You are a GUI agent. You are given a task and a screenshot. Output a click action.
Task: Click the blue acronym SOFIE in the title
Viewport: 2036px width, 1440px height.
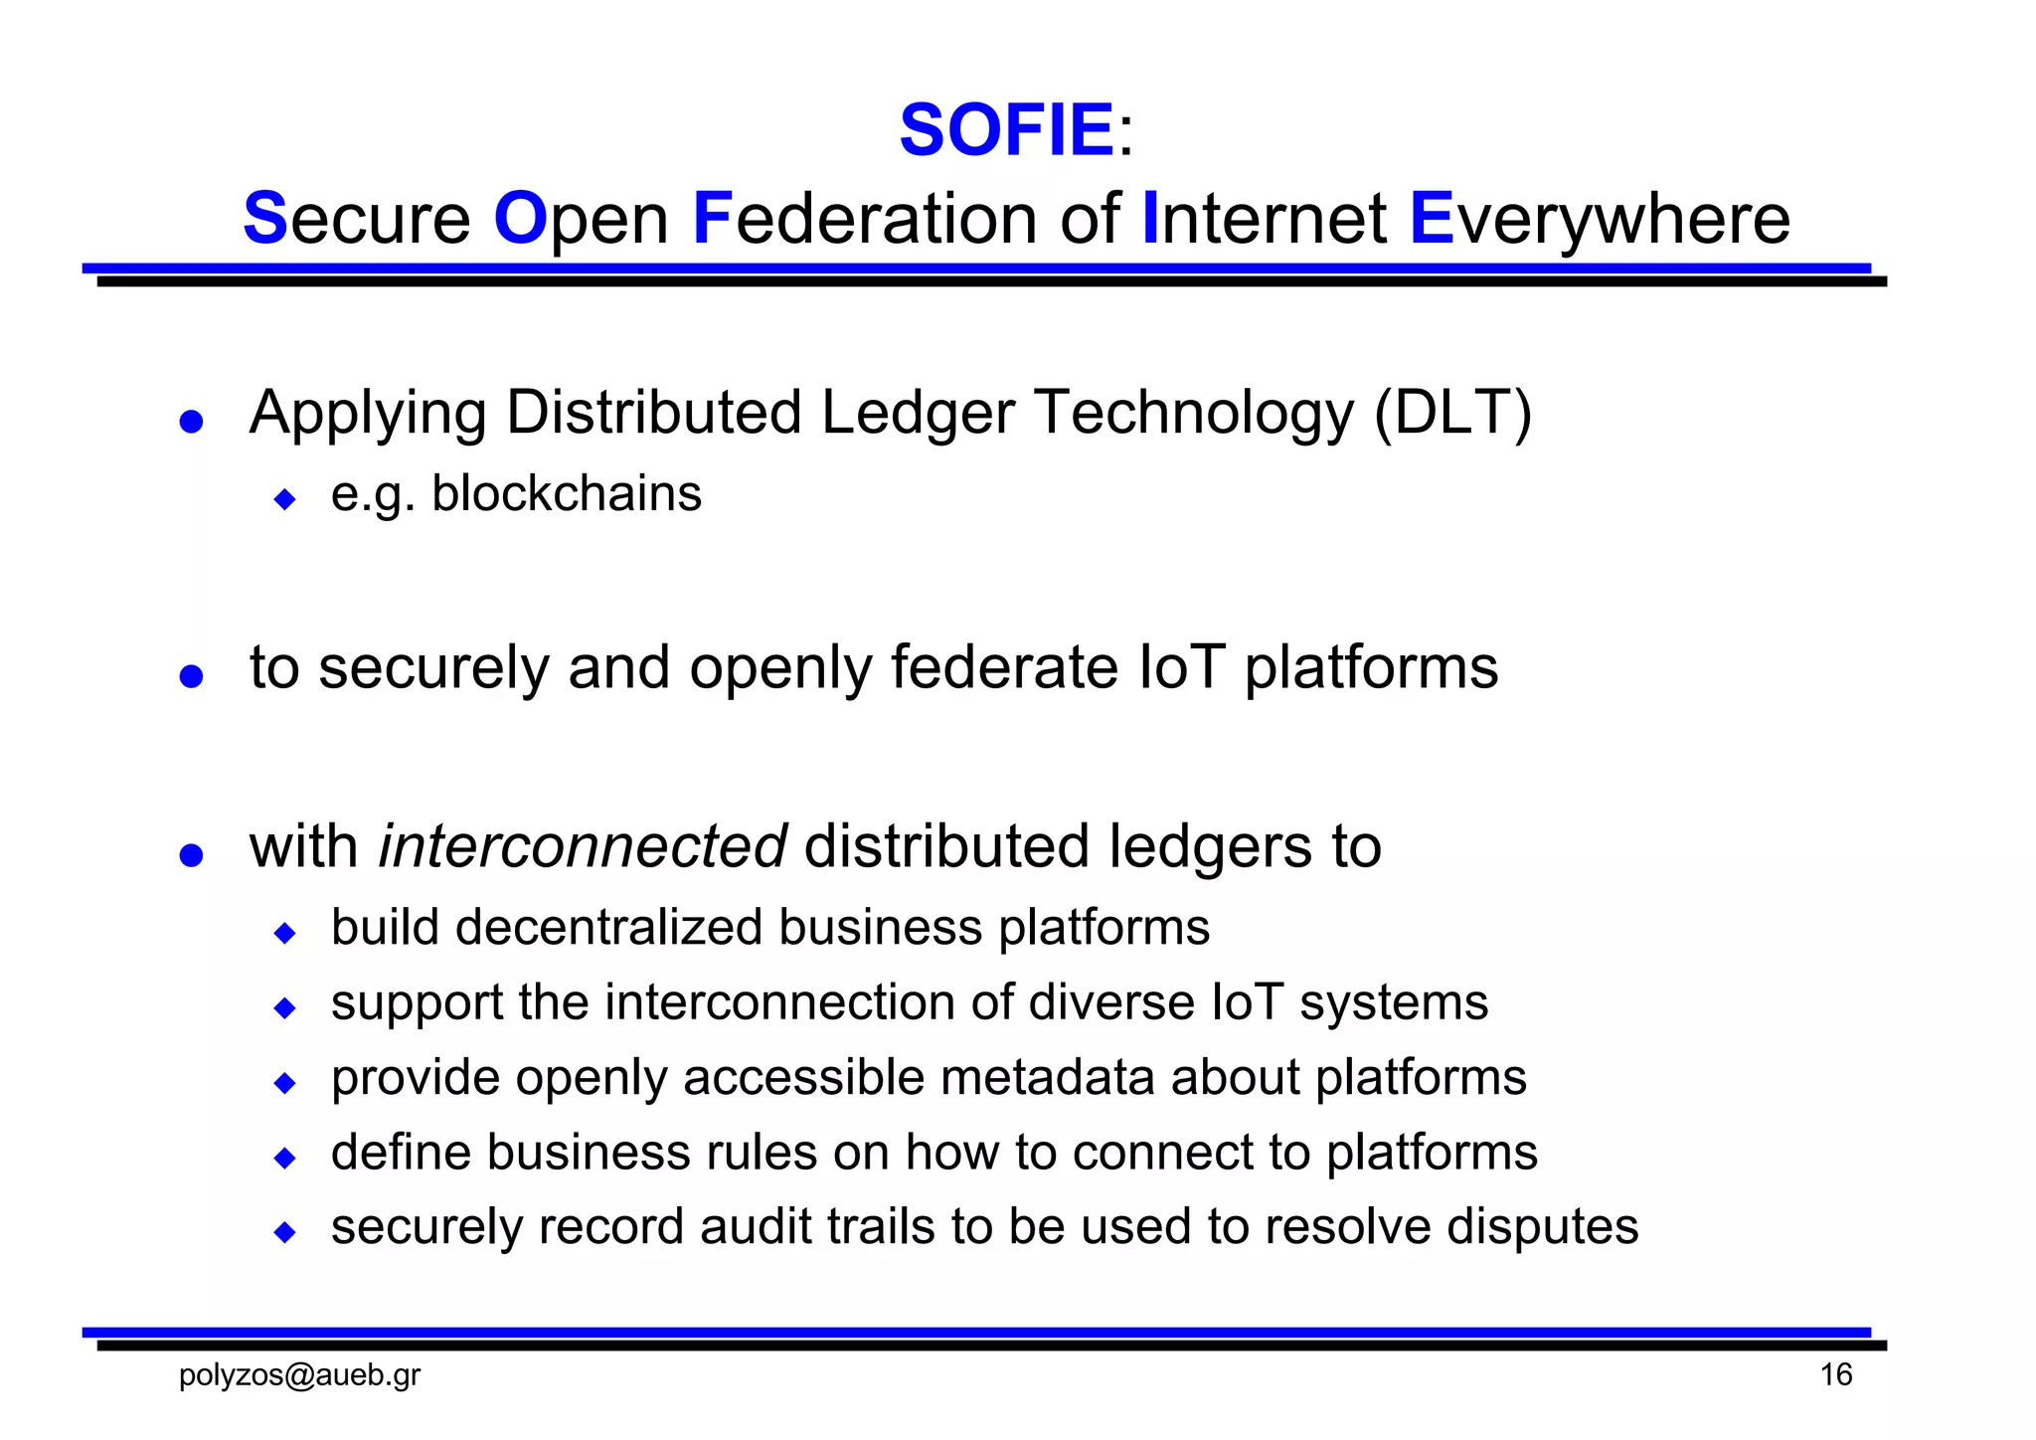(1006, 130)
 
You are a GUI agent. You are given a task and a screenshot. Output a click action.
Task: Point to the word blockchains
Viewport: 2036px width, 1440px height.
(567, 493)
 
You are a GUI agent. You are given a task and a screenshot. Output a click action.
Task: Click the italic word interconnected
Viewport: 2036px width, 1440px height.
(583, 846)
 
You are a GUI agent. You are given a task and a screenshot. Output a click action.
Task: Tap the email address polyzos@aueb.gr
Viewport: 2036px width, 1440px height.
(299, 1375)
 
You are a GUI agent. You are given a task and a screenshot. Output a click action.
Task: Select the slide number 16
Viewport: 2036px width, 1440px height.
(1835, 1375)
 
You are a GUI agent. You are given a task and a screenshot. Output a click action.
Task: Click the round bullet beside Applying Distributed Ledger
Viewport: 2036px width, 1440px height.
(191, 422)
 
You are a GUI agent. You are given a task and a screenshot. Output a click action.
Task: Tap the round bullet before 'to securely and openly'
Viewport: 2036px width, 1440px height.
(191, 677)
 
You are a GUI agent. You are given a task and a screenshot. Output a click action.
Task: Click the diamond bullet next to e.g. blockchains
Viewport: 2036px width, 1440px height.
(285, 498)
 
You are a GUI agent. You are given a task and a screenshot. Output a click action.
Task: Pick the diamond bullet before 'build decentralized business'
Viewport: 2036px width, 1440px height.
(285, 933)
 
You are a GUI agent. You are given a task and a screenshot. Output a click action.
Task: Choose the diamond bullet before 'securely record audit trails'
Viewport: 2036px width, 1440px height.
(285, 1233)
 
